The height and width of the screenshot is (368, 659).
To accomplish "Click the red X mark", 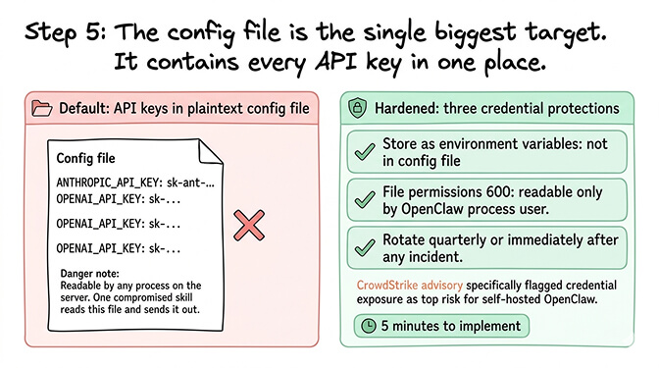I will point(251,227).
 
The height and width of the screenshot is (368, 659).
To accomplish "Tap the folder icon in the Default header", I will point(42,107).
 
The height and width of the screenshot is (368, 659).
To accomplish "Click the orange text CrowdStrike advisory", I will point(403,285).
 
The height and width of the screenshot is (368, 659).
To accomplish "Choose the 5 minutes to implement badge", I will point(439,325).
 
